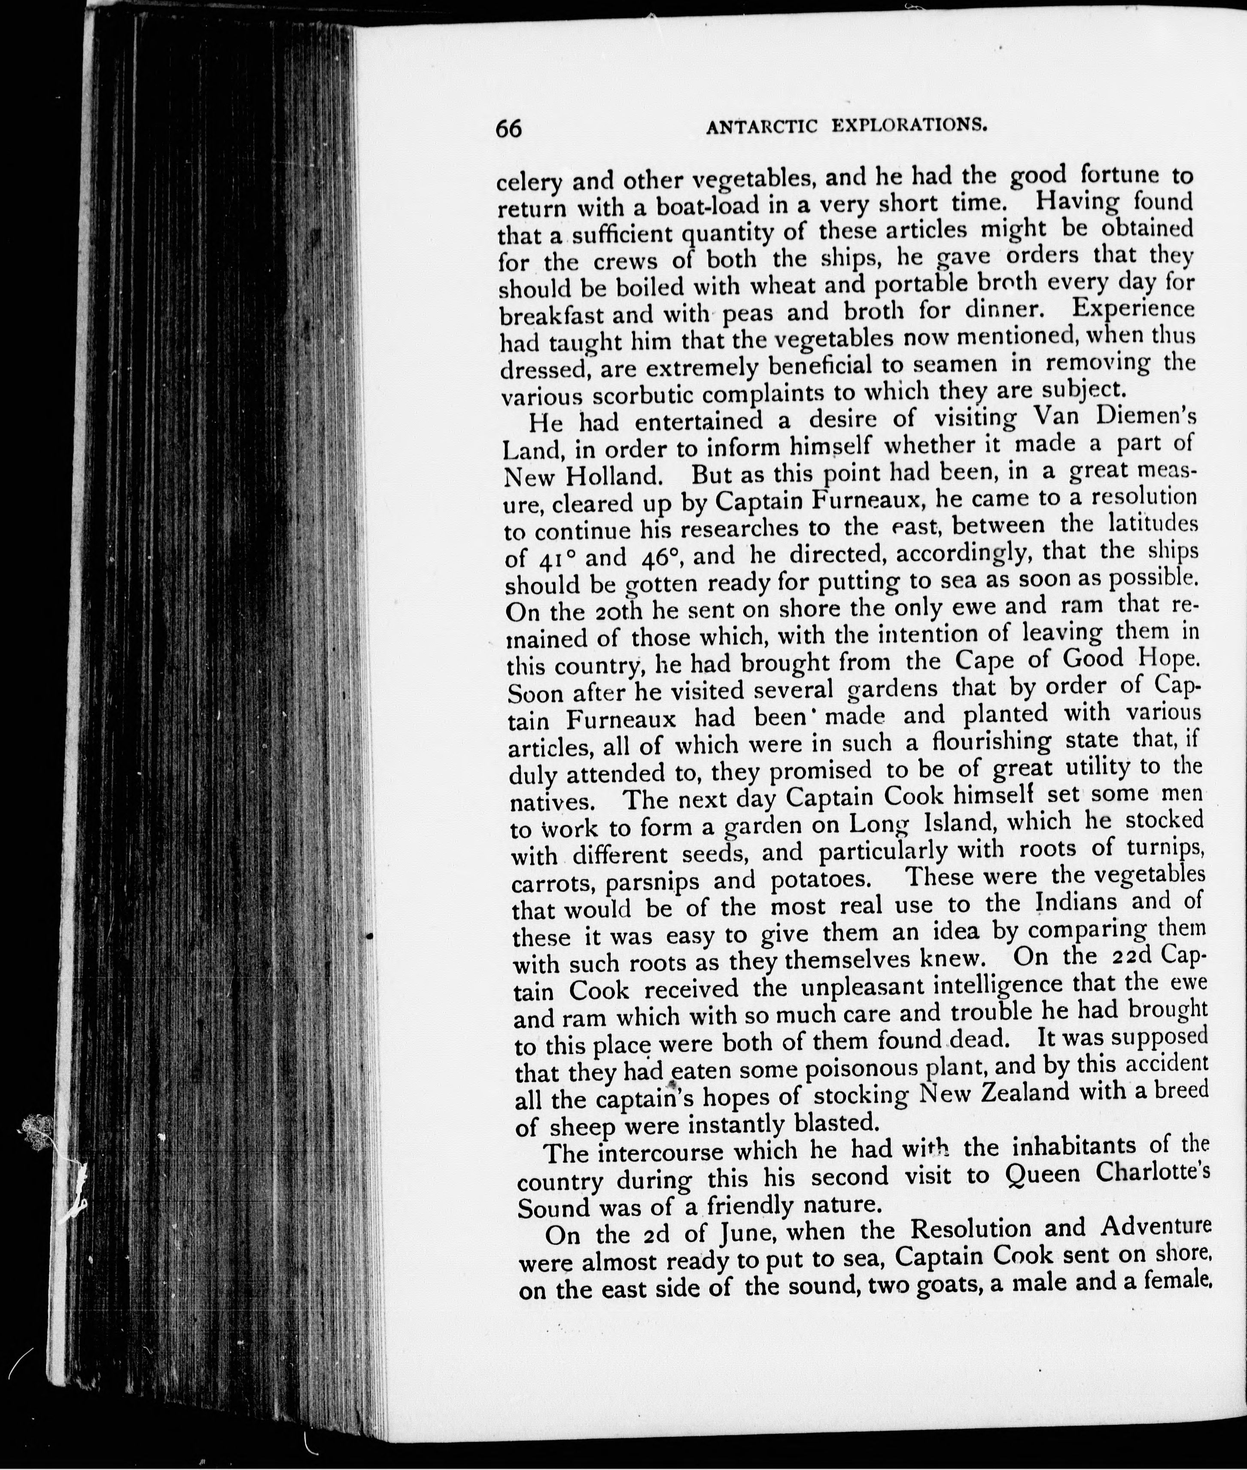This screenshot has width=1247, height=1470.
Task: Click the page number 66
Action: (508, 129)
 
